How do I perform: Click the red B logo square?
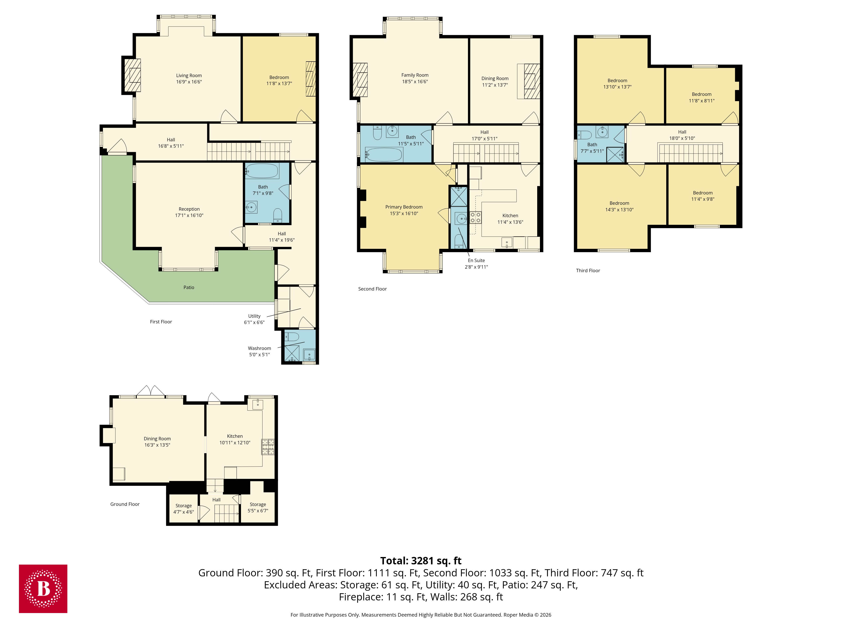tap(43, 589)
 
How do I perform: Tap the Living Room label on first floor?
tap(189, 75)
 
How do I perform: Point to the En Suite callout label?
tap(476, 261)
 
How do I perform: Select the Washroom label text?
tap(259, 348)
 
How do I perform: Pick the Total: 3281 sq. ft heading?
tap(421, 561)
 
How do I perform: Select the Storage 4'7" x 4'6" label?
tap(184, 509)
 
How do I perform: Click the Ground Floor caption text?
tap(125, 504)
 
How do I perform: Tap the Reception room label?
tap(189, 209)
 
